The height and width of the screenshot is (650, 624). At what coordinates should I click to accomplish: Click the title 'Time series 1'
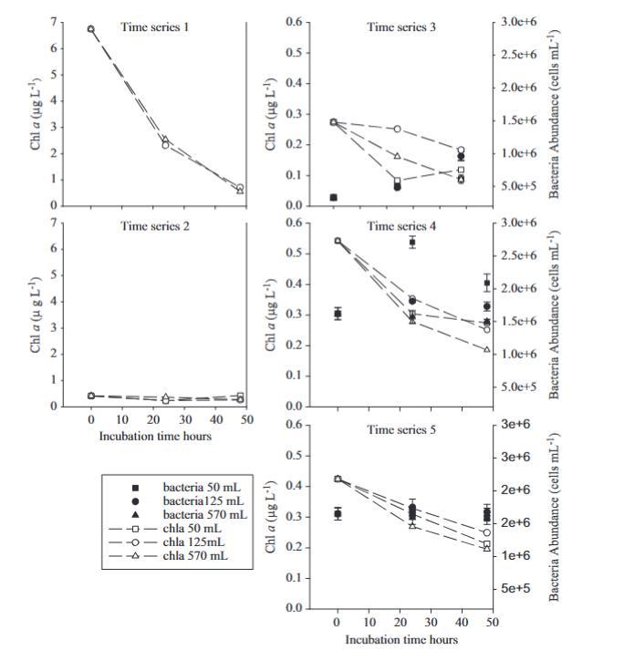155,27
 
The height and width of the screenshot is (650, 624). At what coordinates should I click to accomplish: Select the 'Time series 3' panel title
401,27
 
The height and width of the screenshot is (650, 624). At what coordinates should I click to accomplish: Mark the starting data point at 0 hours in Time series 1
90,29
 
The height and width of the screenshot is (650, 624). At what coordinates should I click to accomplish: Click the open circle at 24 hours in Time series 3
397,129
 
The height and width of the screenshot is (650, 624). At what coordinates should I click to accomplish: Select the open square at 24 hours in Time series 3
398,181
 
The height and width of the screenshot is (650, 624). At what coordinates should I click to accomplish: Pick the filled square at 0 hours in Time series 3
334,197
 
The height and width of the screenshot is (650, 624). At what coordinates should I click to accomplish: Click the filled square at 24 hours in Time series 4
412,242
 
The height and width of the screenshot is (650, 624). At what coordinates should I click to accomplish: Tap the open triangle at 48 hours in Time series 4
486,350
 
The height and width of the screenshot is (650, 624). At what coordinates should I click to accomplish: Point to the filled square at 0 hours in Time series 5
338,514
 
